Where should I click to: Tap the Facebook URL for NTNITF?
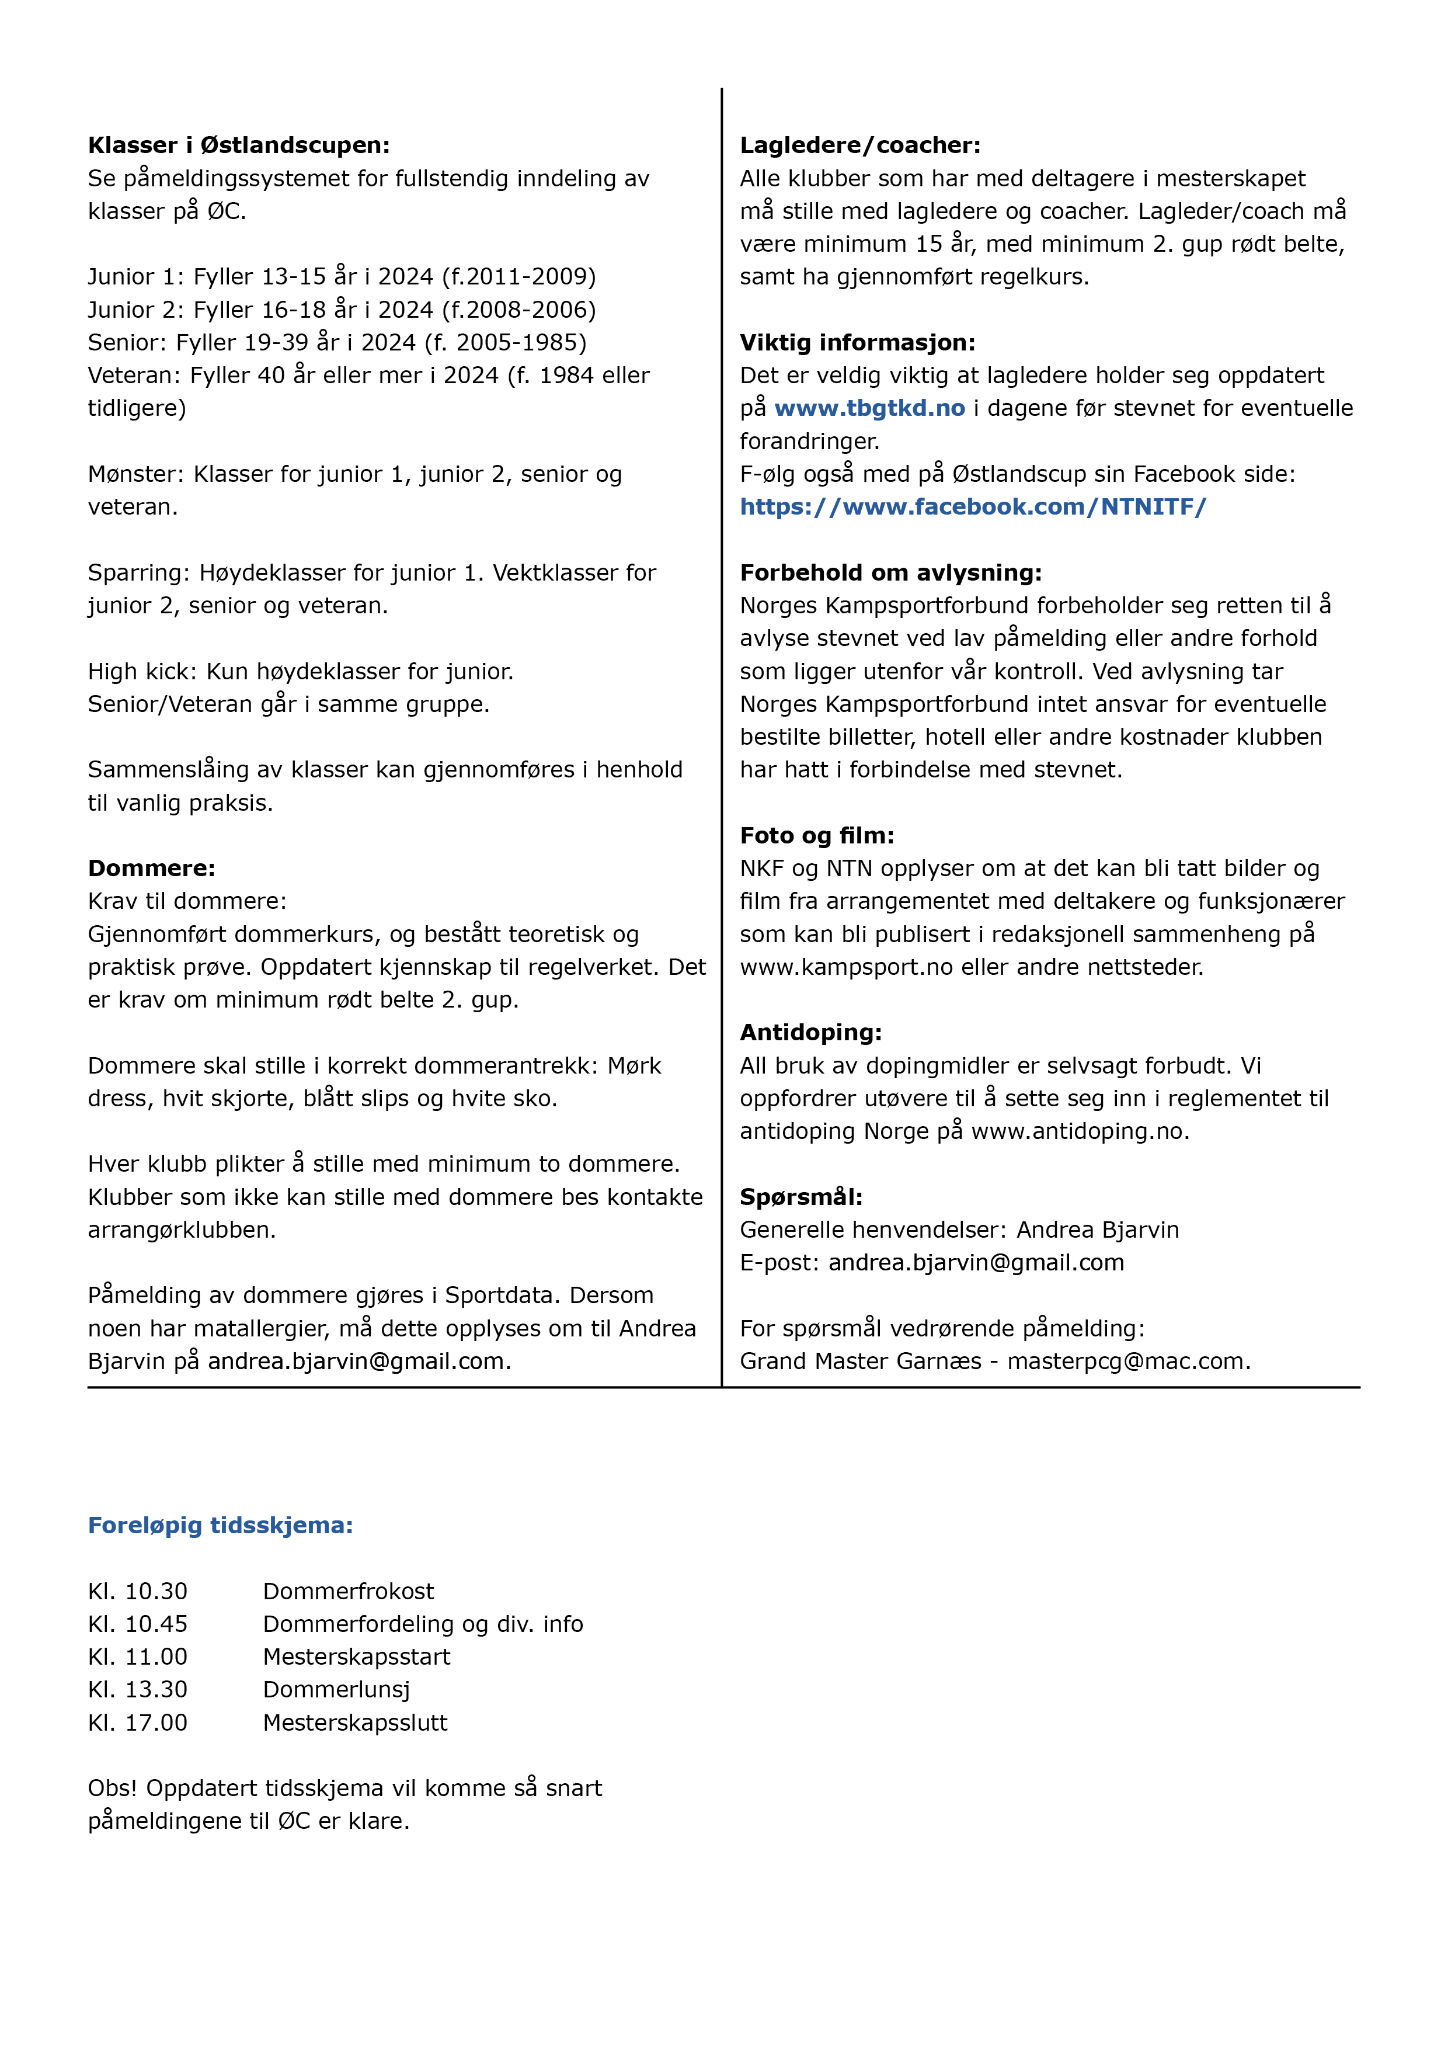point(973,507)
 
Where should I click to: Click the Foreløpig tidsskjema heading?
point(220,1525)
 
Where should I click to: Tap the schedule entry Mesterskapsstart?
point(356,1657)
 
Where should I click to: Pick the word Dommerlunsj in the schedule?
point(336,1689)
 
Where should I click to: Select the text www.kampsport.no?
point(846,967)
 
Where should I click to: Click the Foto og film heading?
point(816,836)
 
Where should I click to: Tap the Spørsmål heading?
point(800,1197)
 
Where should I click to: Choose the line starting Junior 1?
point(342,277)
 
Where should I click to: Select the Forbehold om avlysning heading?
point(890,573)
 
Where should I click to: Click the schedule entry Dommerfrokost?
point(348,1591)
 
